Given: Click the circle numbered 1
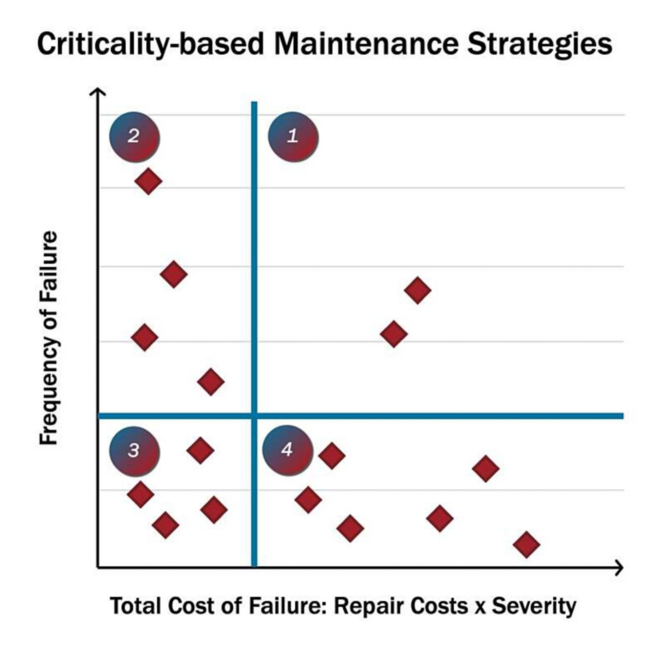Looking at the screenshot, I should click(x=293, y=137).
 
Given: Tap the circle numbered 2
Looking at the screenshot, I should click(x=134, y=137).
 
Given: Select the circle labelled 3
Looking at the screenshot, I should click(x=134, y=451).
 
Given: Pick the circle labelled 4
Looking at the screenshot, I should click(x=287, y=450).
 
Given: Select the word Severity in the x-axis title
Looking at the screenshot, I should click(x=534, y=606).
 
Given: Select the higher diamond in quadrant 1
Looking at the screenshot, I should click(x=417, y=290).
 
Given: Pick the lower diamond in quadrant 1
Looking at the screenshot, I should click(x=394, y=334).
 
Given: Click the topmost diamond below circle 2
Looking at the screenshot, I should click(x=148, y=181).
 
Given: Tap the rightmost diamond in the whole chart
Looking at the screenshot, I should click(x=526, y=544).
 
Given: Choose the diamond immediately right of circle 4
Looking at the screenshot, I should click(x=332, y=456).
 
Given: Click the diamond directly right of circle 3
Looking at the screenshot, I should click(x=200, y=450).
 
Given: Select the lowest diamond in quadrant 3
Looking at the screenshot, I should click(x=165, y=525).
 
